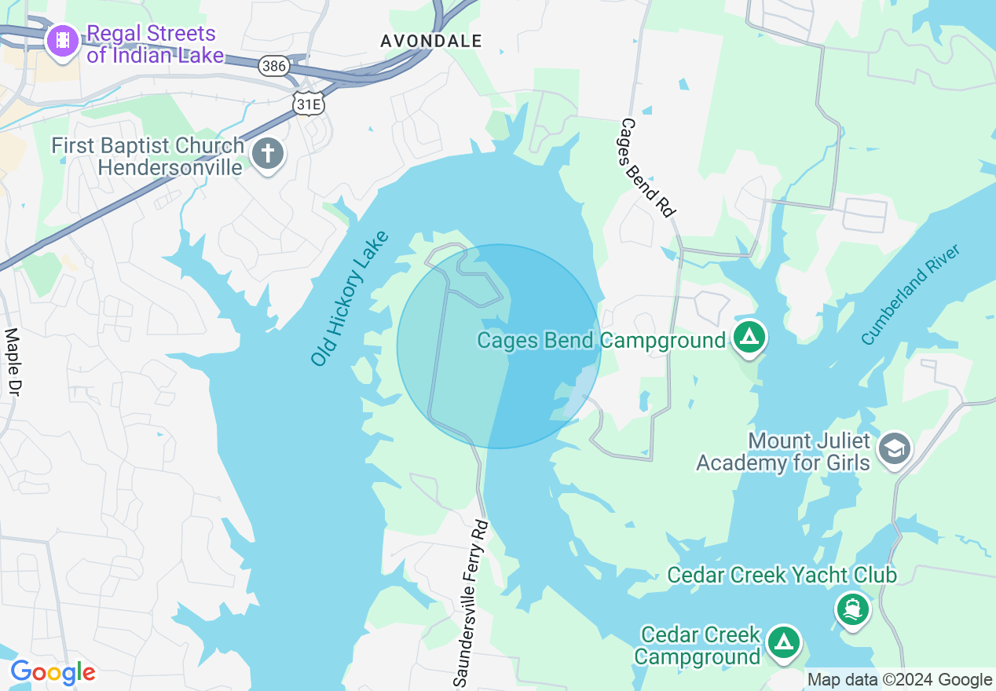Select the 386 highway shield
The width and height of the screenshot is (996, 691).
pyautogui.click(x=274, y=66)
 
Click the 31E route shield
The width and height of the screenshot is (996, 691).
pyautogui.click(x=308, y=104)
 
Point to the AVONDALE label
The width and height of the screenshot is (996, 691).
pyautogui.click(x=430, y=41)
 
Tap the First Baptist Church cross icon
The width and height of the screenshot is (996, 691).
pyautogui.click(x=268, y=153)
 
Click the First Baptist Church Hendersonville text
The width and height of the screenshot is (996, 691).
pyautogui.click(x=148, y=156)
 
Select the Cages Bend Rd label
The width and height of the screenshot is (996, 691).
pyautogui.click(x=648, y=167)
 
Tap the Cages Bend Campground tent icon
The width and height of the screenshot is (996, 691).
pyautogui.click(x=749, y=338)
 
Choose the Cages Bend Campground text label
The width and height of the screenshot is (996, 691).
pyautogui.click(x=601, y=341)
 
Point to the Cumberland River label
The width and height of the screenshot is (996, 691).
pyautogui.click(x=910, y=294)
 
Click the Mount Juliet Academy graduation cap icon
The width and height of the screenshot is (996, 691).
pyautogui.click(x=895, y=448)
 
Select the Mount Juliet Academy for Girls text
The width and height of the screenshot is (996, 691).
pyautogui.click(x=783, y=452)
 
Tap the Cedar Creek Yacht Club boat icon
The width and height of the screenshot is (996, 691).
pyautogui.click(x=853, y=609)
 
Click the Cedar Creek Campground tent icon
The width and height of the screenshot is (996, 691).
pyautogui.click(x=783, y=642)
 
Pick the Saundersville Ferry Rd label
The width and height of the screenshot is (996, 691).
pyautogui.click(x=471, y=602)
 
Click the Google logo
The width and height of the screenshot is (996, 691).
pyautogui.click(x=53, y=672)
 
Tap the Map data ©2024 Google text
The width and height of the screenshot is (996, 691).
pyautogui.click(x=899, y=680)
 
